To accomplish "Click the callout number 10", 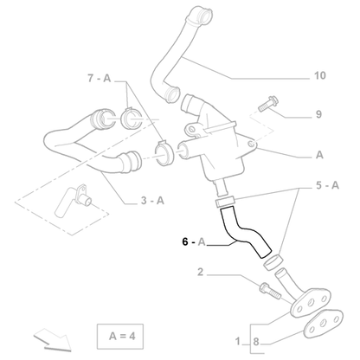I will coord(319,75).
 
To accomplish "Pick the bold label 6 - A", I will coord(193,242).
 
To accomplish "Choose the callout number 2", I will coord(200,273).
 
